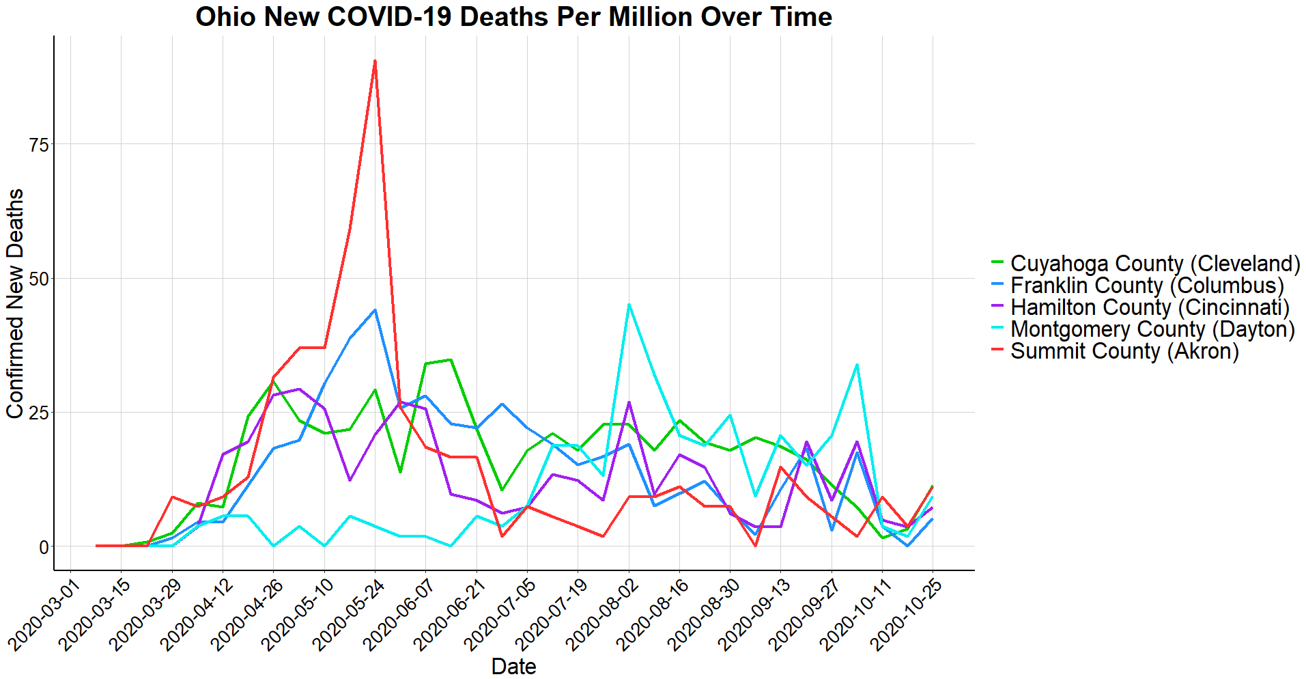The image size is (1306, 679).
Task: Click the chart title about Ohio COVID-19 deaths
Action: pyautogui.click(x=513, y=17)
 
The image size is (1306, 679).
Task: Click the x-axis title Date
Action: pyautogui.click(x=513, y=666)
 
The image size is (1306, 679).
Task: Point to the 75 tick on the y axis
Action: pyautogui.click(x=39, y=145)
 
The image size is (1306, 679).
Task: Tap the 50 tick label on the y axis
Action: pyautogui.click(x=39, y=279)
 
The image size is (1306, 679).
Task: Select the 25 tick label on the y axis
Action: pyautogui.click(x=39, y=413)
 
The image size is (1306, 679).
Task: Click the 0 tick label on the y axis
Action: pyautogui.click(x=44, y=547)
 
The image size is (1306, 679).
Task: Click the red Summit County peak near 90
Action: pyautogui.click(x=375, y=61)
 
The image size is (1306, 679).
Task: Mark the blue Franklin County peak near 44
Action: pyautogui.click(x=375, y=310)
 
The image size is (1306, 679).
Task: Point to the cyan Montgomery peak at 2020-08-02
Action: pyautogui.click(x=629, y=305)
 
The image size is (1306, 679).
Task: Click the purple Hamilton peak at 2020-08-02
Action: pyautogui.click(x=629, y=402)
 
